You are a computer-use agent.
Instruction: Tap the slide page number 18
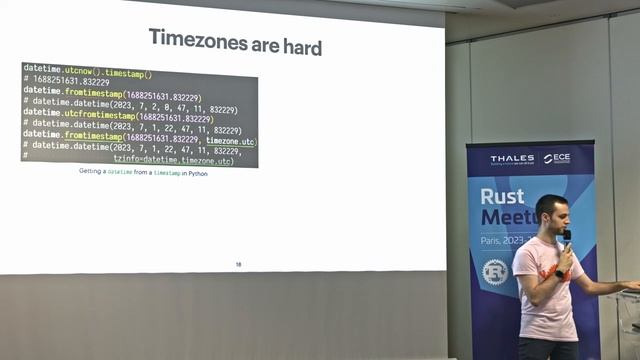(238, 264)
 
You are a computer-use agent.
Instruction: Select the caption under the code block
(143, 172)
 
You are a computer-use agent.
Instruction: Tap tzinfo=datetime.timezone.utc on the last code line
(173, 160)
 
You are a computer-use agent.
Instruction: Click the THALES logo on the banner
(511, 159)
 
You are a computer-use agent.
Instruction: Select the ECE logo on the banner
(556, 158)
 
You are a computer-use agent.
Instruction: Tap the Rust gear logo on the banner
(495, 271)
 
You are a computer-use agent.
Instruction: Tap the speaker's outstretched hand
(629, 286)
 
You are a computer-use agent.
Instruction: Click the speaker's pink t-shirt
(545, 300)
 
